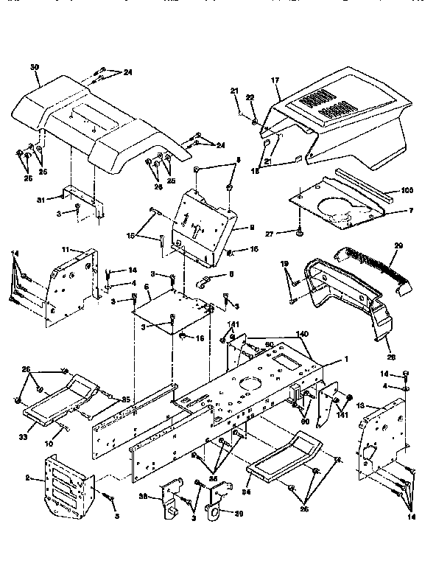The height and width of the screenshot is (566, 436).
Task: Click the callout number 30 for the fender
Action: [x=34, y=66]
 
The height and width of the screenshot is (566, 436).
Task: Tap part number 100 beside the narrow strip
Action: [x=407, y=190]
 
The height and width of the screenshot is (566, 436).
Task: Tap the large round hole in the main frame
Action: [x=251, y=386]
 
